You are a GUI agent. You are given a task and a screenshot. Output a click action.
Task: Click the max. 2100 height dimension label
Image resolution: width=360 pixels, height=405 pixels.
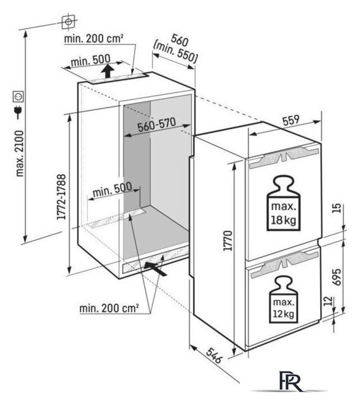(20, 153)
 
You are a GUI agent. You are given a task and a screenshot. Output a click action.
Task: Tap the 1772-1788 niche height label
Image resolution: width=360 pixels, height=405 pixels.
(61, 197)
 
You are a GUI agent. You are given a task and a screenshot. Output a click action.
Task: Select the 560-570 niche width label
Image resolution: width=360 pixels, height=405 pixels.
(156, 125)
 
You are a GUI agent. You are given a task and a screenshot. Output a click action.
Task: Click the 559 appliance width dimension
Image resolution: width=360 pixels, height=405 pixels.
(291, 120)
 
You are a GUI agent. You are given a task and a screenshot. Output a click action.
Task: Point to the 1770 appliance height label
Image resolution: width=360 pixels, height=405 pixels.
(228, 240)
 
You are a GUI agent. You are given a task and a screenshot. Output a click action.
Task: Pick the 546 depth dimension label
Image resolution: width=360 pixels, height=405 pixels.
(214, 356)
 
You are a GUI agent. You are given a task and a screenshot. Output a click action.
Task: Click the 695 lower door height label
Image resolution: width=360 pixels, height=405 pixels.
(336, 277)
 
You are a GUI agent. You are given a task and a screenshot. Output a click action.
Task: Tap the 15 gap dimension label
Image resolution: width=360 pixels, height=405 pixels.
(337, 208)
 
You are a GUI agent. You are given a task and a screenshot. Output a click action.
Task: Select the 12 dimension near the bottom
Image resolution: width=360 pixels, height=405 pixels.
(328, 301)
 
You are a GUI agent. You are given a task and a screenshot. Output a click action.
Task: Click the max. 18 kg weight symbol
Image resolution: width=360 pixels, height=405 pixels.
(283, 203)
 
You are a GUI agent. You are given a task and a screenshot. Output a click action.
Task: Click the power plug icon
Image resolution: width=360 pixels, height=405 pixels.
(18, 112)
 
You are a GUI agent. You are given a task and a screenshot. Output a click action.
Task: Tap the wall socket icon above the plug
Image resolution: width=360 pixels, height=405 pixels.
(18, 97)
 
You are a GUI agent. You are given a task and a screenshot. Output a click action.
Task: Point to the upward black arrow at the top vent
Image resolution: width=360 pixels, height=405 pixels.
(108, 71)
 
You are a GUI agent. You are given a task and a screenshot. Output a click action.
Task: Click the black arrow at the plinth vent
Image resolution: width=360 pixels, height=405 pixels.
(155, 268)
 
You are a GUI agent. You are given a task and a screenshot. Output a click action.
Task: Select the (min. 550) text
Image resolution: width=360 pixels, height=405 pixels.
(175, 53)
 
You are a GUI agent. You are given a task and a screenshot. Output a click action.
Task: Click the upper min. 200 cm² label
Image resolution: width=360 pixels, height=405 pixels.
(94, 39)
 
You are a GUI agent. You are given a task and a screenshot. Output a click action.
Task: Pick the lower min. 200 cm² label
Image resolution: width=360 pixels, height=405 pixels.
(109, 308)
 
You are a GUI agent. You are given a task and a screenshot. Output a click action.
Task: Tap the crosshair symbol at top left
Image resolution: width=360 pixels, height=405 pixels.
(68, 22)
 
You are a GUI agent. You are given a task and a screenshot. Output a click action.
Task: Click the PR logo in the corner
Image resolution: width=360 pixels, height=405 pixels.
(290, 382)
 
